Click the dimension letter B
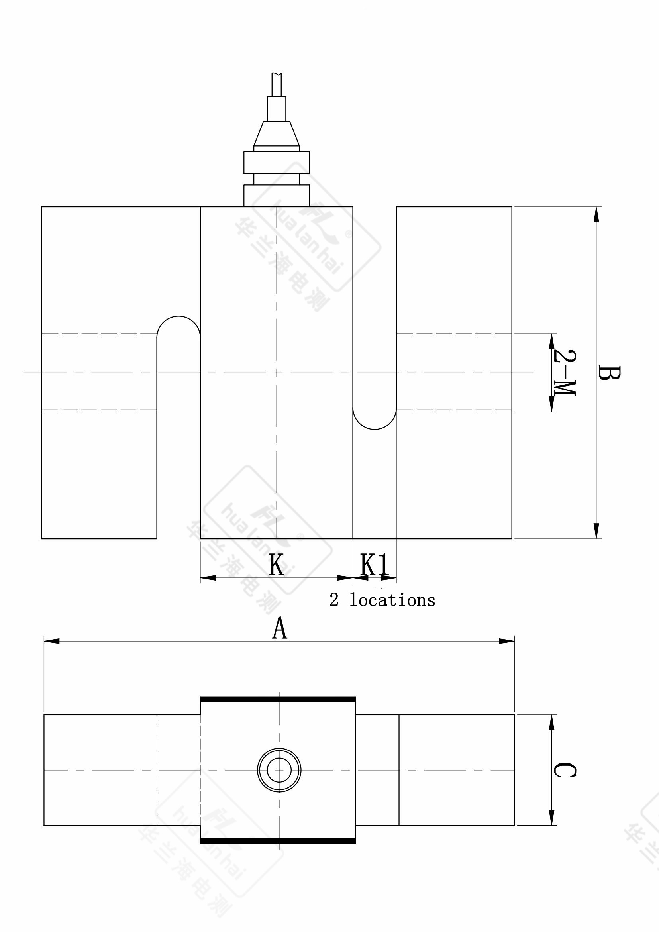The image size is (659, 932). pos(609,373)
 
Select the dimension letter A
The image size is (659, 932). pos(280,629)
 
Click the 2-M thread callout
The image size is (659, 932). pos(565,372)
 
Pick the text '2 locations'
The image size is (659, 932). pos(382,600)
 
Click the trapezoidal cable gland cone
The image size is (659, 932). pos(277,133)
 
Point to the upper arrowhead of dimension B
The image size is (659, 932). pos(596,215)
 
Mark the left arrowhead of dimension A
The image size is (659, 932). pos(51,641)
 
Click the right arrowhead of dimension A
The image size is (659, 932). pos(507,641)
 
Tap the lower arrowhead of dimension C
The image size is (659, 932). pos(551,818)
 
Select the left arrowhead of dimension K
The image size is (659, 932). pos(208,578)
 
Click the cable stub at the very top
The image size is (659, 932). pos(277,84)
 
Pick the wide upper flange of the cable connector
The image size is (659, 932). pos(277,162)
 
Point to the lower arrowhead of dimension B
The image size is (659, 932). pos(596,530)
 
